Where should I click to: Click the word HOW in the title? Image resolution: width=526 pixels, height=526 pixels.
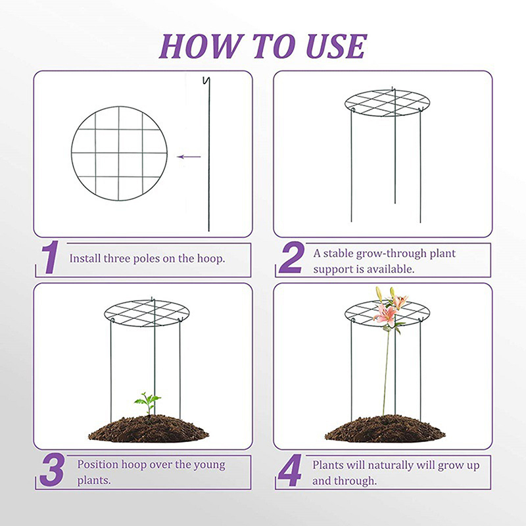[201, 46]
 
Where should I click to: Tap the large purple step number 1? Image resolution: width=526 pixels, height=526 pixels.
[49, 257]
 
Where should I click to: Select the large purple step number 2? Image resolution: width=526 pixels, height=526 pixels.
[291, 257]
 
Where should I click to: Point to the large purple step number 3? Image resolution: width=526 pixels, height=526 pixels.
[52, 469]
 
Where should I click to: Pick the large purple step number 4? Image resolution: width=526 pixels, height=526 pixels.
[290, 470]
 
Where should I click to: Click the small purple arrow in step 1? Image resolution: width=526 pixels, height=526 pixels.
[189, 156]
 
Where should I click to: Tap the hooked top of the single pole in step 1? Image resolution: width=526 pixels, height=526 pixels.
[206, 80]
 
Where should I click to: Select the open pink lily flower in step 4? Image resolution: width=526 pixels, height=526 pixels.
[385, 316]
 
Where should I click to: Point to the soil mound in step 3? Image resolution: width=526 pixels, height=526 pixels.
[149, 429]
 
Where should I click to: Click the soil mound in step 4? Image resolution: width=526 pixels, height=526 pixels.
[385, 429]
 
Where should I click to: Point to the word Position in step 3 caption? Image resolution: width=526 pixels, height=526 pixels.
[97, 465]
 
